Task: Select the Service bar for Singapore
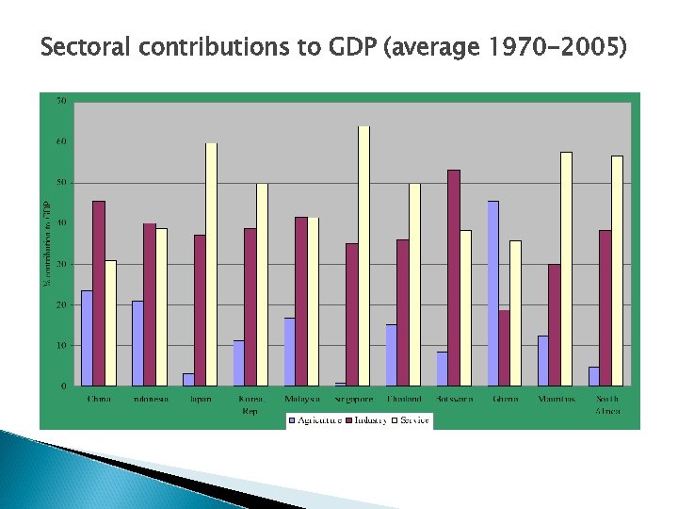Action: point(363,255)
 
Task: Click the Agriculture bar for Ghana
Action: point(493,293)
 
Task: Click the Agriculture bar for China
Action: point(87,337)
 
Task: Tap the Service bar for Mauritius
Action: point(566,269)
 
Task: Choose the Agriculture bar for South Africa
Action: point(594,375)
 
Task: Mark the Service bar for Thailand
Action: point(414,284)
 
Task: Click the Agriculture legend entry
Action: point(315,419)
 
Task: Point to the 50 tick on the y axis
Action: point(61,182)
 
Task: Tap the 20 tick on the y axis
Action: point(61,304)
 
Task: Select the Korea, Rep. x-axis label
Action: point(250,405)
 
